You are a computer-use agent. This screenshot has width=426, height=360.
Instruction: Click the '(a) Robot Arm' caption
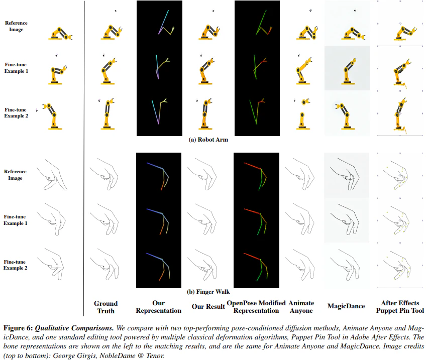coord(208,140)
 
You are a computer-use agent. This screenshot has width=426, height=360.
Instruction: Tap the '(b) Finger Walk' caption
coord(208,292)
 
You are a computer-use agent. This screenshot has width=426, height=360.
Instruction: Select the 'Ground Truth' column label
coord(105,307)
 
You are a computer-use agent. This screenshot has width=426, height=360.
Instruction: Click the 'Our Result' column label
coord(208,306)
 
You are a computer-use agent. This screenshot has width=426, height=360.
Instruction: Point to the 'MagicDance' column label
coord(346,306)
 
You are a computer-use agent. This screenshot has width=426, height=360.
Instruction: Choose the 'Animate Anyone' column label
coord(301,307)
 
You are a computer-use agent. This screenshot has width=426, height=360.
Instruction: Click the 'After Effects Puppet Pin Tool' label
coord(400,307)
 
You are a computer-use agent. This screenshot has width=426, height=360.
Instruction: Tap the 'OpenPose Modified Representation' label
coord(256,307)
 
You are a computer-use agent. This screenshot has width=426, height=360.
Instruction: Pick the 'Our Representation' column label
coord(158,307)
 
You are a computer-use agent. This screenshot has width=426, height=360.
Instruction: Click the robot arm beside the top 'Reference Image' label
coord(60,34)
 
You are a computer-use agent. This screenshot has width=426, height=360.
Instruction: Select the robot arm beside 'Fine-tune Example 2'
coord(52,116)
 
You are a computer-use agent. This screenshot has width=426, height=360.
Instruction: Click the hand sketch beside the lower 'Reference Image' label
coord(52,175)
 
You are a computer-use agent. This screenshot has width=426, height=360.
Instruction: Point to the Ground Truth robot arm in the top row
coord(112,33)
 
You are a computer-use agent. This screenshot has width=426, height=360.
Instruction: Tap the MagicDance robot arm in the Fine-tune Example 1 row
coord(349,71)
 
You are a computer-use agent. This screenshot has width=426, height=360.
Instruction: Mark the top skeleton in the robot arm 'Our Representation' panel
coord(166,23)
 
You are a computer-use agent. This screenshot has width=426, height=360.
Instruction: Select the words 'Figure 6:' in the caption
coord(18,328)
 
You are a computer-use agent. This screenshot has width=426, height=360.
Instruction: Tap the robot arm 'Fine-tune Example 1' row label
coord(16,68)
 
